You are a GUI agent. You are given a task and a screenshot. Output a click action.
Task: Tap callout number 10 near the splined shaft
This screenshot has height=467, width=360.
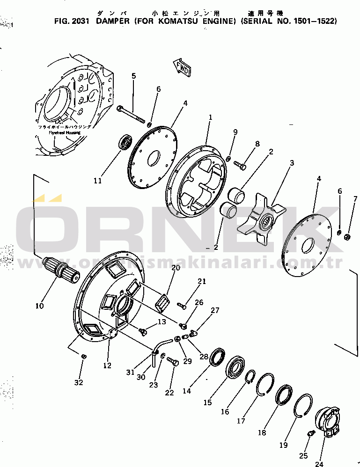pos(39,306)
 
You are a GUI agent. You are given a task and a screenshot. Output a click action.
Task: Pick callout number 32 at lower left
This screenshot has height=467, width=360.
pos(79,382)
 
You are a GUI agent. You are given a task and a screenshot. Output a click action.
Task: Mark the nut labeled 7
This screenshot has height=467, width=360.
pos(347,237)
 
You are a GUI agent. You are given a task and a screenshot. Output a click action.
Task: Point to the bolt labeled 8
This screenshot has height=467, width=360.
pos(241,165)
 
